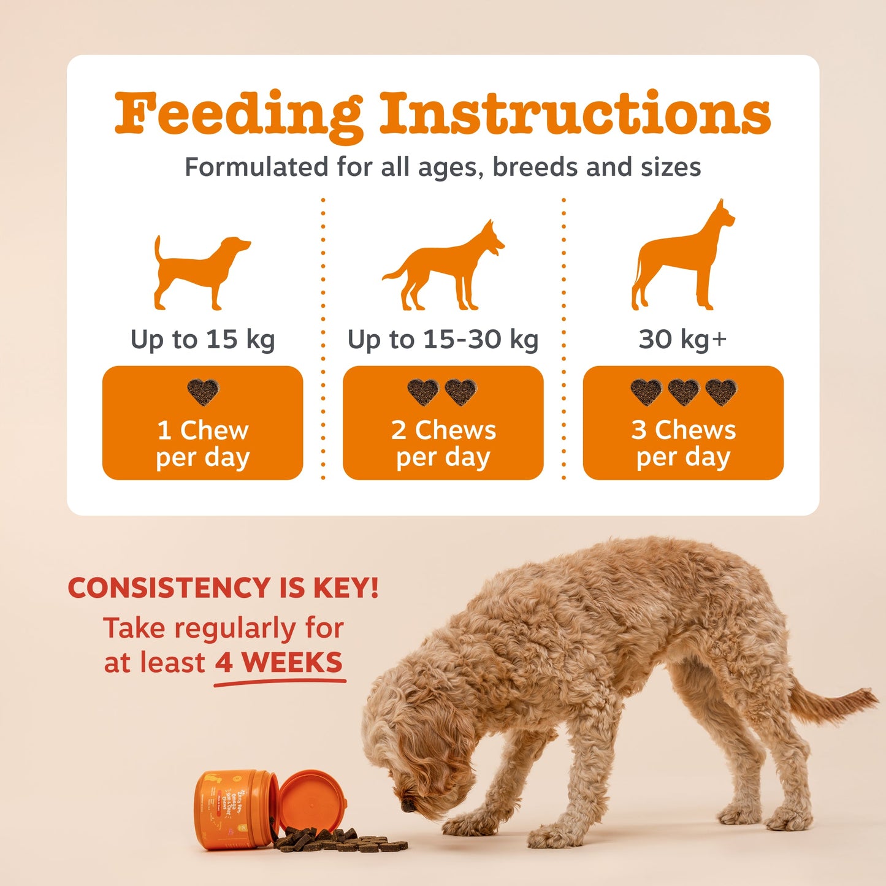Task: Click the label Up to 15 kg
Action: (202, 340)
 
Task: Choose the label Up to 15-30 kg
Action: (443, 340)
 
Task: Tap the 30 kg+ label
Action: (682, 338)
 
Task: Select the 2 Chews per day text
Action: (443, 444)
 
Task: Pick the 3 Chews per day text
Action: (683, 444)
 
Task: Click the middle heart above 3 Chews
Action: (683, 391)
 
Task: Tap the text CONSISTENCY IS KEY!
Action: (223, 588)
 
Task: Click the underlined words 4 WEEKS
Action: (279, 663)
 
